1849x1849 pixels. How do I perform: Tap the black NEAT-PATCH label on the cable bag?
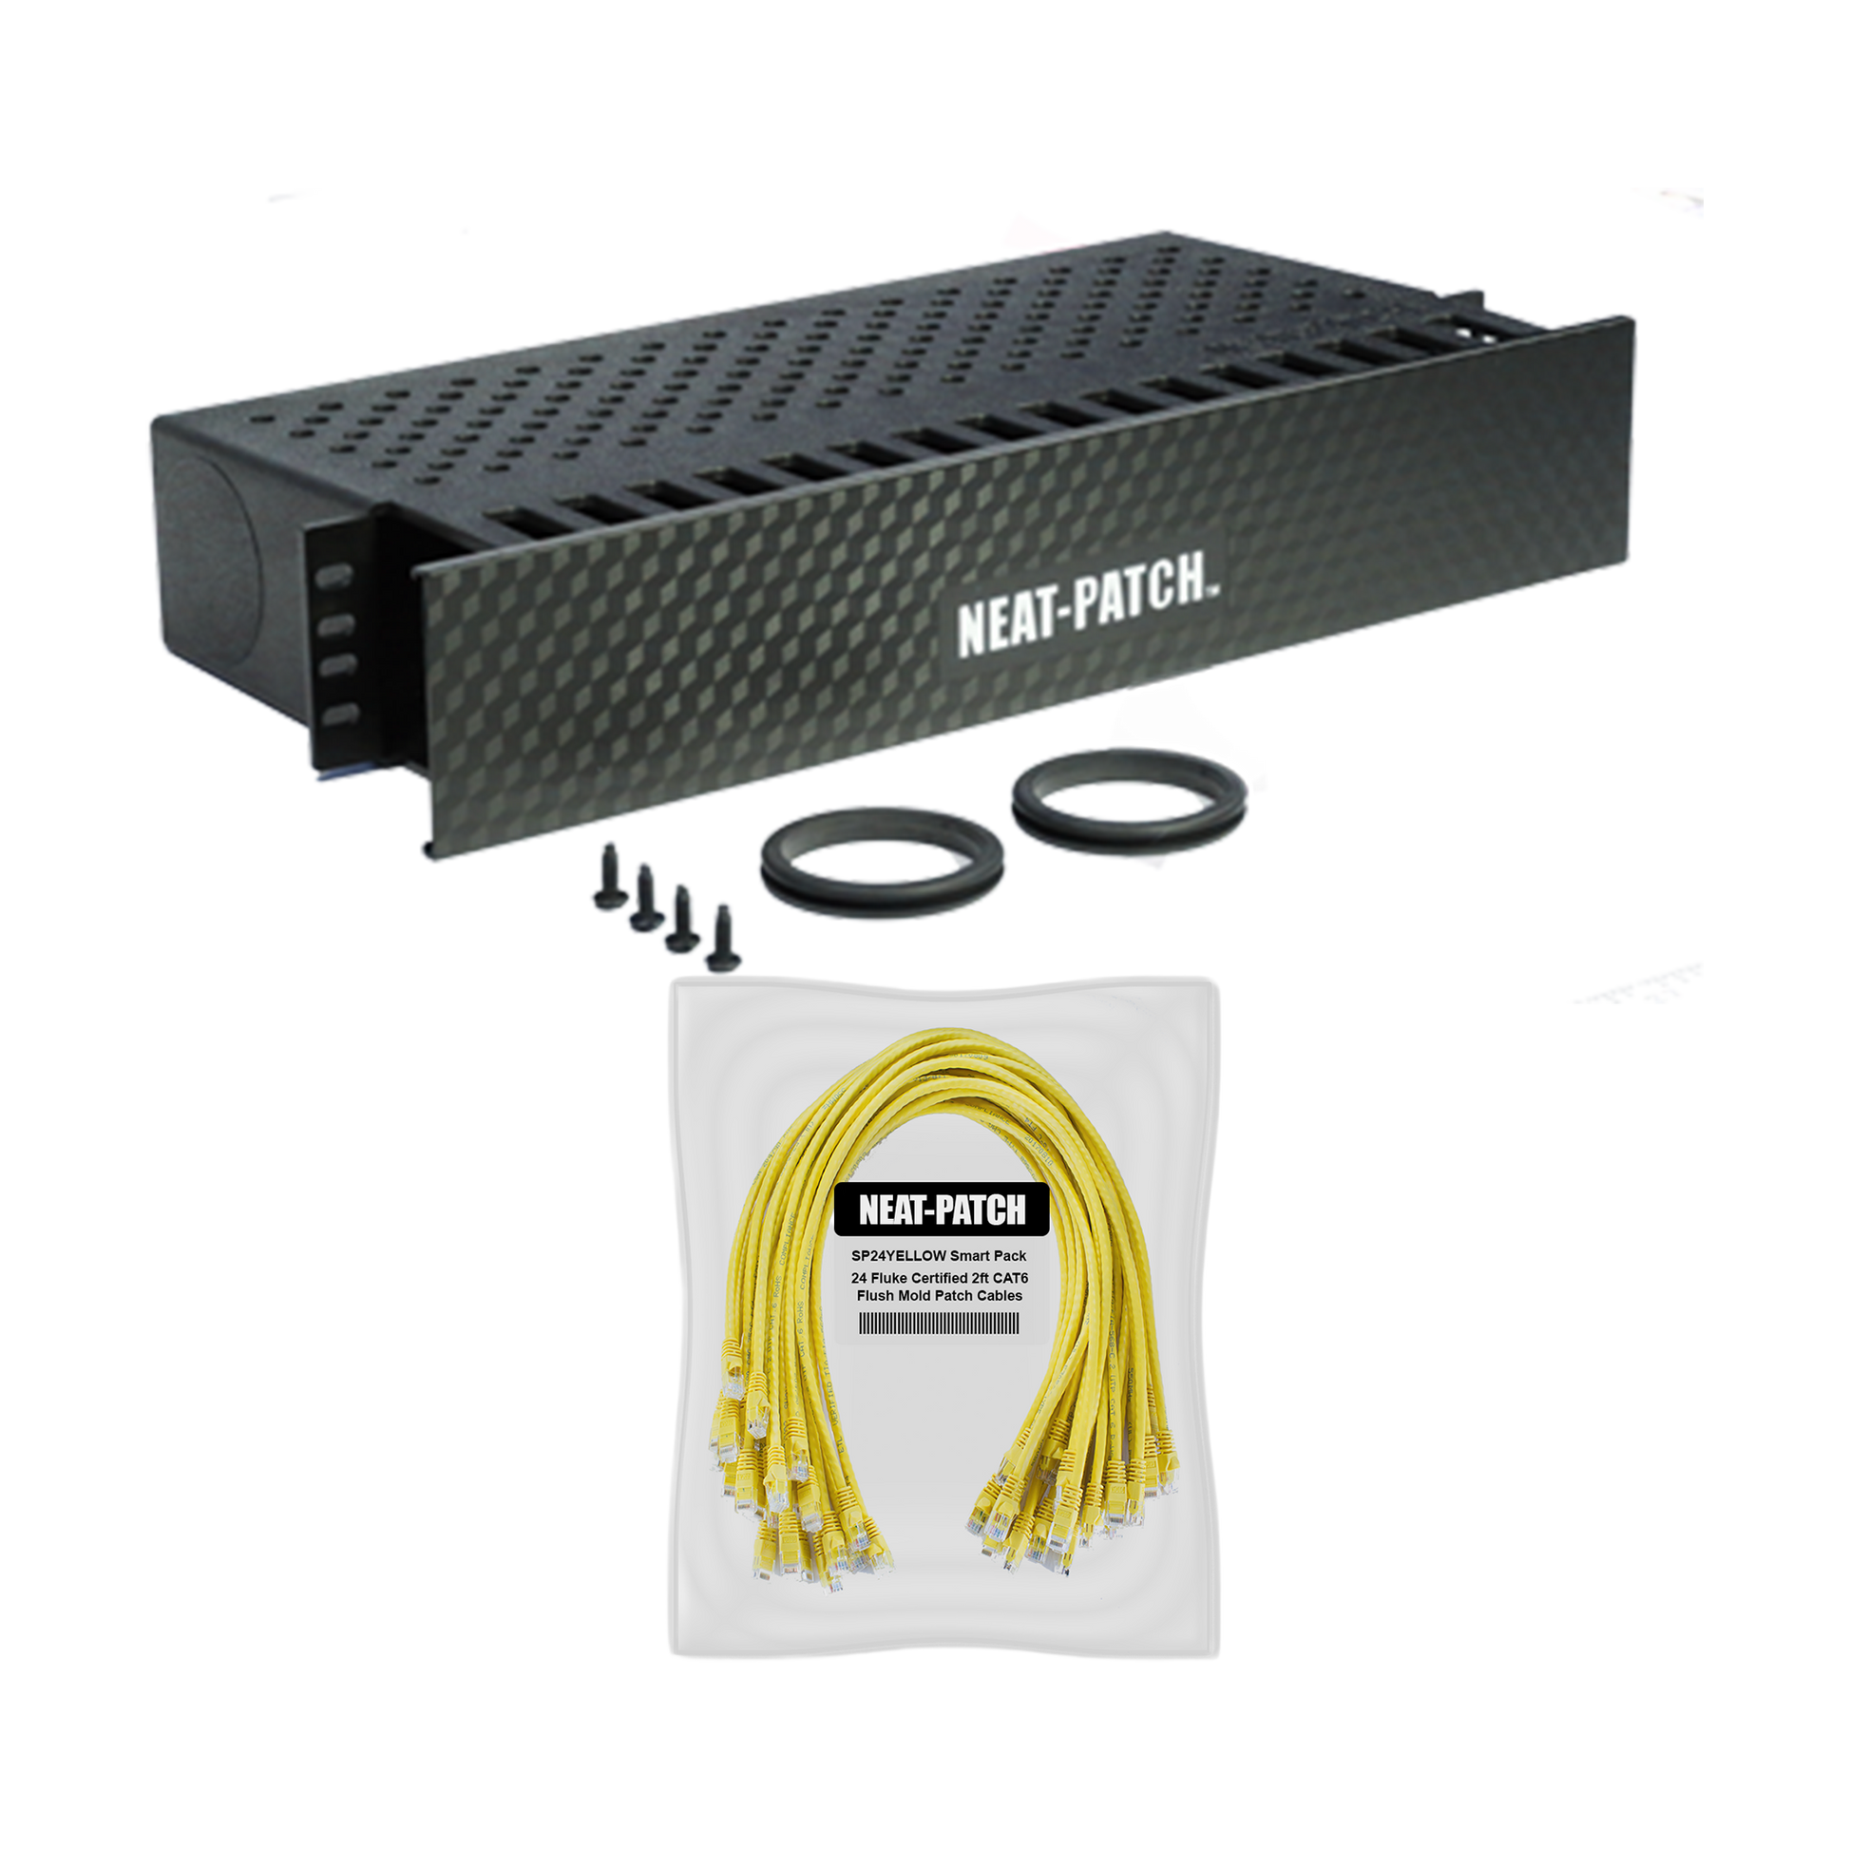click(942, 1210)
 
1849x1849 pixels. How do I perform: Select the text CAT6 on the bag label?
click(1011, 1278)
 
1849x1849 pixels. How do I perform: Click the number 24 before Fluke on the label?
click(862, 1278)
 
